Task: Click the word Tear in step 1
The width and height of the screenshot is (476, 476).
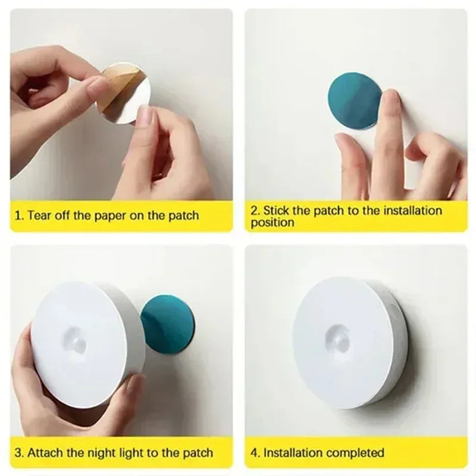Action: click(40, 215)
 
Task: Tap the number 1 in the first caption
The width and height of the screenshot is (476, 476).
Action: click(18, 215)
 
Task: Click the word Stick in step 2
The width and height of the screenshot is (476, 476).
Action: click(277, 210)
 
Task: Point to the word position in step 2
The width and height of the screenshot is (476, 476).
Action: click(272, 223)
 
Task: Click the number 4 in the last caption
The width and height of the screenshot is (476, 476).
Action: click(254, 452)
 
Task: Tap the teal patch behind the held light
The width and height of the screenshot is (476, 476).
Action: click(169, 324)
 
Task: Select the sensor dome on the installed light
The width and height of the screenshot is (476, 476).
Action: click(339, 337)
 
